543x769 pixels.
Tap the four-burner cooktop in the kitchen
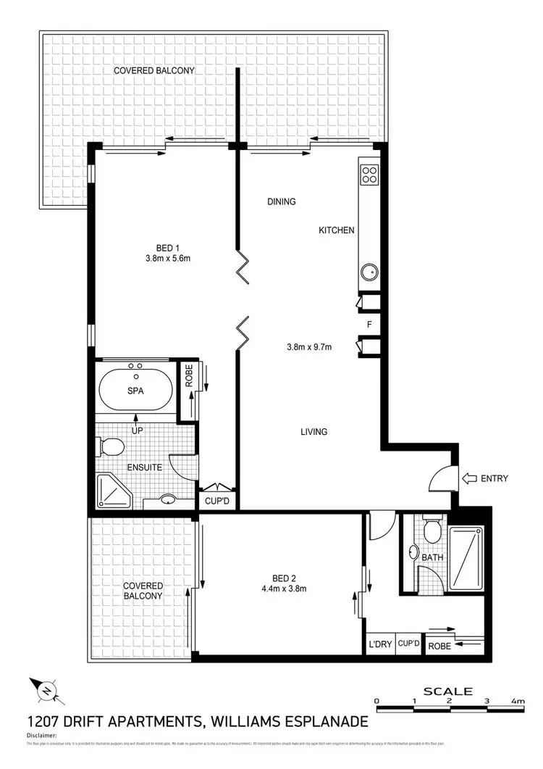[369, 174]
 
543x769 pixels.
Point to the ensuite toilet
[111, 446]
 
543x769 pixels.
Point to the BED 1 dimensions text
[167, 257]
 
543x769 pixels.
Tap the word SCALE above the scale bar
[448, 691]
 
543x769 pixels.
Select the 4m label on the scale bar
[518, 701]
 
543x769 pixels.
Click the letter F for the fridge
[369, 324]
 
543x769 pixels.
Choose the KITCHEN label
[337, 230]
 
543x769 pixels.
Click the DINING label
[282, 202]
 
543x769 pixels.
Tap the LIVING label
[314, 432]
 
